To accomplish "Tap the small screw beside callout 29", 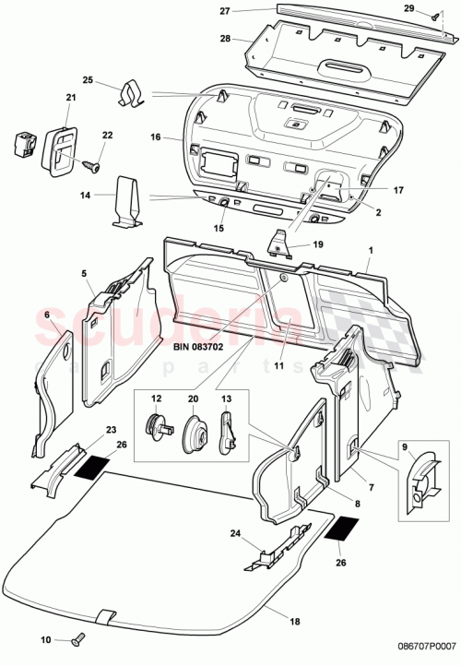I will coord(433,17).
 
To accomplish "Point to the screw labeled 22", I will coord(90,165).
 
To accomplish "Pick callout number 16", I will coord(156,137).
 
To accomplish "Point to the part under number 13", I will coord(227,430).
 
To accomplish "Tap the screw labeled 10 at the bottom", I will coord(76,639).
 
